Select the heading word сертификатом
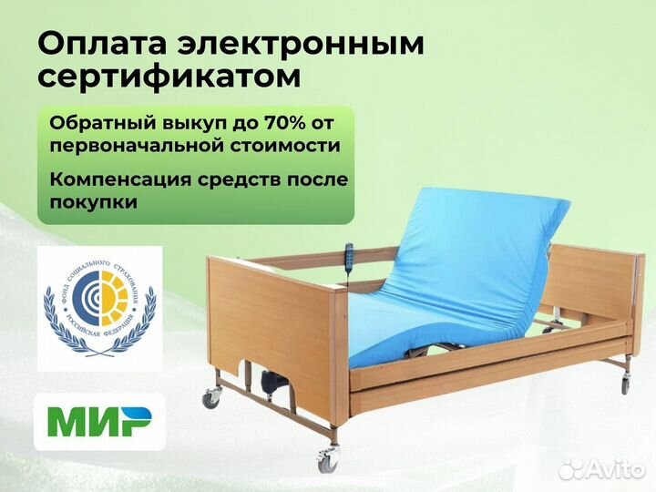169,77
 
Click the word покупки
94,202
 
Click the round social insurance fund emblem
99,306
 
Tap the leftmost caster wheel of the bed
212,397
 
